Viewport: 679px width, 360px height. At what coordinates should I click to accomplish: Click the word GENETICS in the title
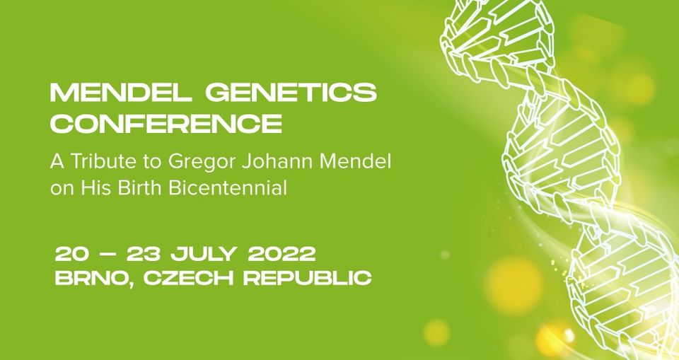(x=291, y=93)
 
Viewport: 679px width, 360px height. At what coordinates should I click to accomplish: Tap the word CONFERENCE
(x=166, y=123)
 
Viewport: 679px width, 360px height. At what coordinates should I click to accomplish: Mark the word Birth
(x=141, y=188)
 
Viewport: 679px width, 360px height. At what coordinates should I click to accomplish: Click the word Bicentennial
(x=227, y=188)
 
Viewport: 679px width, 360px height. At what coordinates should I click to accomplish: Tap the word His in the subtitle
(x=98, y=188)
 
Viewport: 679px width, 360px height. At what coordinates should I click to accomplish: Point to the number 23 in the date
(x=142, y=254)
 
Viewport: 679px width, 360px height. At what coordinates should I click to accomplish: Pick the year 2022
(x=282, y=254)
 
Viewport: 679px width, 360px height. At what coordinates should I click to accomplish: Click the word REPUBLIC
(x=308, y=278)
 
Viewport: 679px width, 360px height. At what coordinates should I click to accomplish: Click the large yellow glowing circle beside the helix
(x=513, y=284)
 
